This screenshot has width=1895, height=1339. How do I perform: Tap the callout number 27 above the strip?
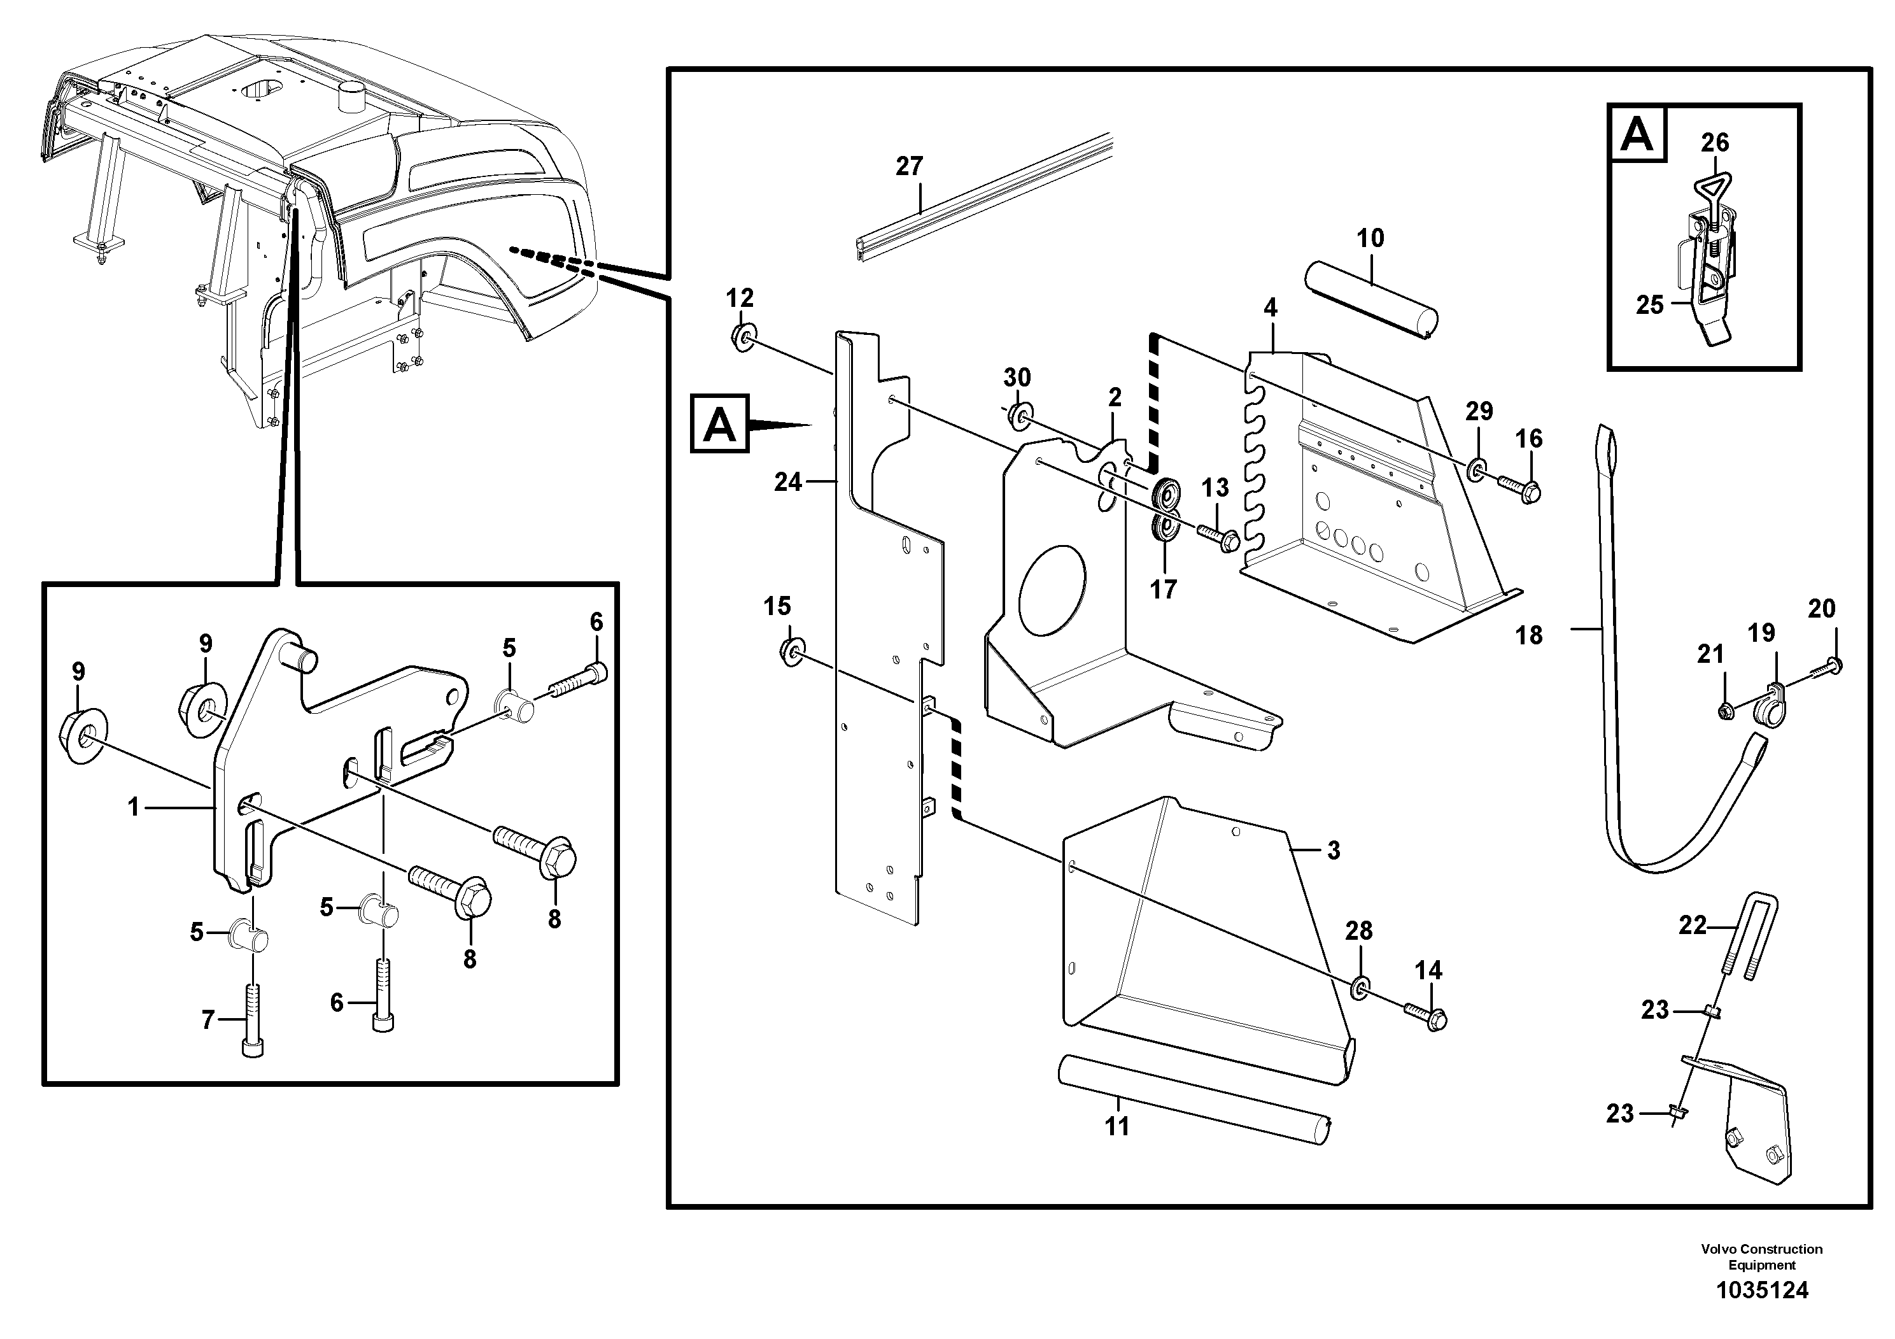click(909, 166)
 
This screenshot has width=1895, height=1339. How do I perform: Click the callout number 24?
click(787, 482)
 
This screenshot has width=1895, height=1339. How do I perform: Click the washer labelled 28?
click(1360, 989)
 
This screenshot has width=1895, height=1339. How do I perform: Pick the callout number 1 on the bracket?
click(134, 807)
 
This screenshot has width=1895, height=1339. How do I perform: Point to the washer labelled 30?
click(1019, 416)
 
